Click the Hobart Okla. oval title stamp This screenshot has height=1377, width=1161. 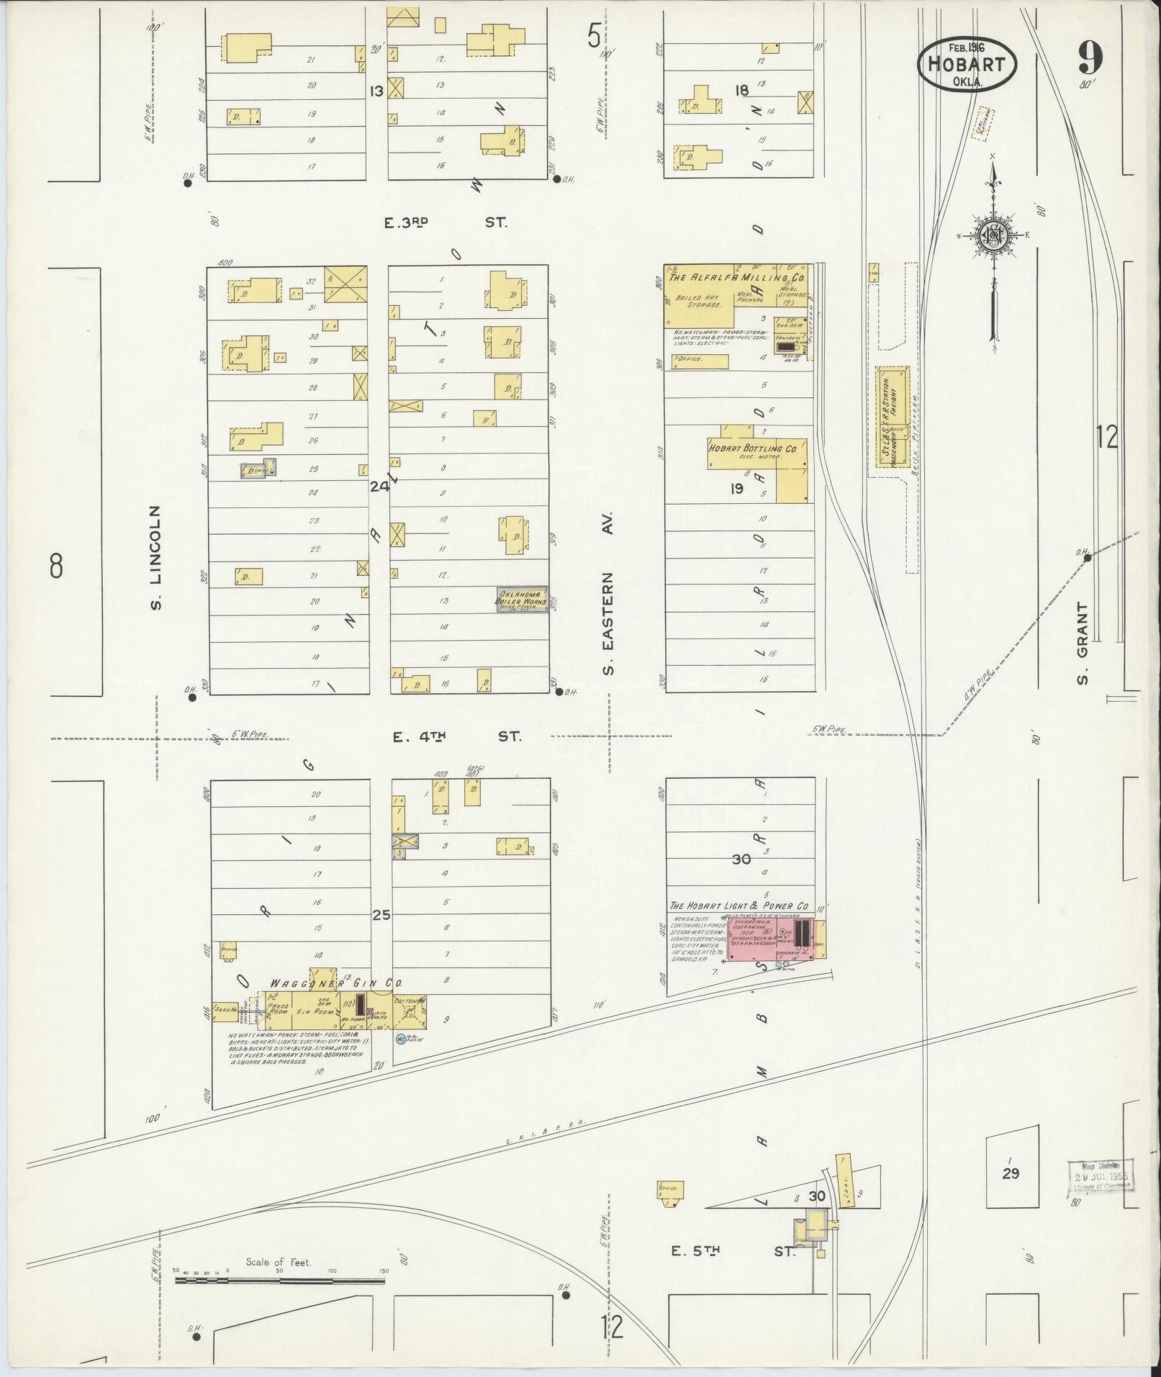[x=966, y=63]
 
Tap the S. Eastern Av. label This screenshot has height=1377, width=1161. [x=610, y=594]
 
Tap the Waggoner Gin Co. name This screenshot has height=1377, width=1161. [x=336, y=983]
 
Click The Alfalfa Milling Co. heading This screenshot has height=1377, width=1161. [x=737, y=277]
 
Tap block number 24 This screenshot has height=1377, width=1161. [x=379, y=487]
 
